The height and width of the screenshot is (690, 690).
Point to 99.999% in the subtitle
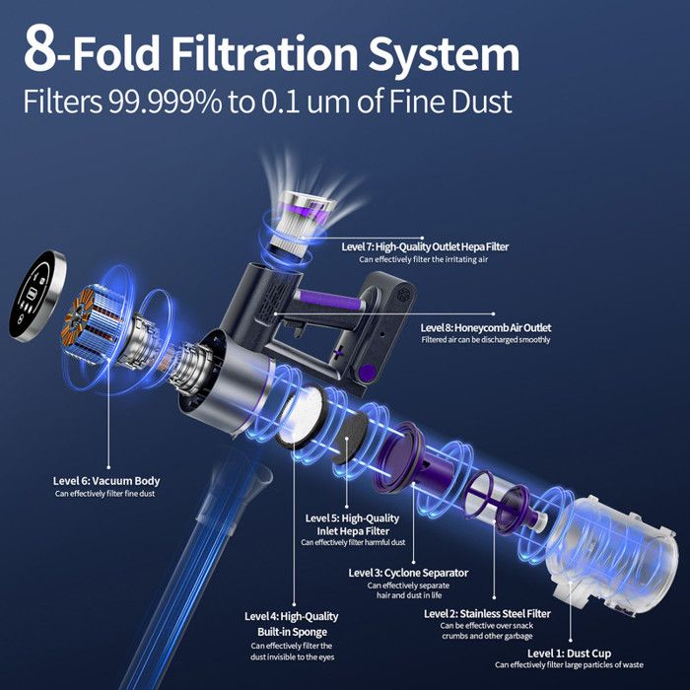tap(165, 102)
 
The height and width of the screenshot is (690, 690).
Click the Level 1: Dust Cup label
tap(569, 653)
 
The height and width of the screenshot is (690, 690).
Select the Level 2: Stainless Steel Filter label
tap(487, 613)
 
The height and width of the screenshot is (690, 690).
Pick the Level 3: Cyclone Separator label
tap(408, 573)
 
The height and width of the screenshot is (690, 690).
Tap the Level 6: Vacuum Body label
tap(106, 481)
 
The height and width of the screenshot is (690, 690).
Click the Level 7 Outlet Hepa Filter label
tap(425, 246)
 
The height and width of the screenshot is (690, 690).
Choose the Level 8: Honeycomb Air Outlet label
tap(485, 327)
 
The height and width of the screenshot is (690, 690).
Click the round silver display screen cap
tap(37, 296)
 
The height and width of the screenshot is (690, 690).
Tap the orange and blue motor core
tap(88, 323)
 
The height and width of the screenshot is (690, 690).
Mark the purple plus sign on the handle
tap(339, 352)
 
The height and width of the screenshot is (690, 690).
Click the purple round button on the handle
tap(368, 373)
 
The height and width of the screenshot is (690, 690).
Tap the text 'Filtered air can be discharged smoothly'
tap(485, 340)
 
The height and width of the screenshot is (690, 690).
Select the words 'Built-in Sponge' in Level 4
tap(292, 632)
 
